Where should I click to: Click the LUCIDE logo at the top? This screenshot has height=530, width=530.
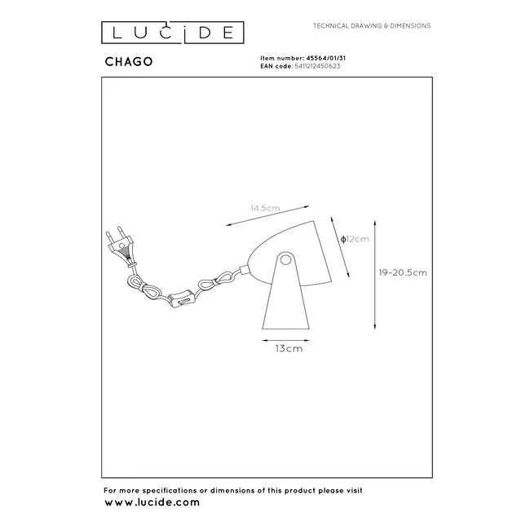coord(171,32)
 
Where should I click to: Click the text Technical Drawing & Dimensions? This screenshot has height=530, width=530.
coord(372,26)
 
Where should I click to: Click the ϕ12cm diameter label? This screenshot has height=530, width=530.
coord(356,239)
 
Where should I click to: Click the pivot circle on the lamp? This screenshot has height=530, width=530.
coord(286,260)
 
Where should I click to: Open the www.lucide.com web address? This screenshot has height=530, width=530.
coord(152,502)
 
